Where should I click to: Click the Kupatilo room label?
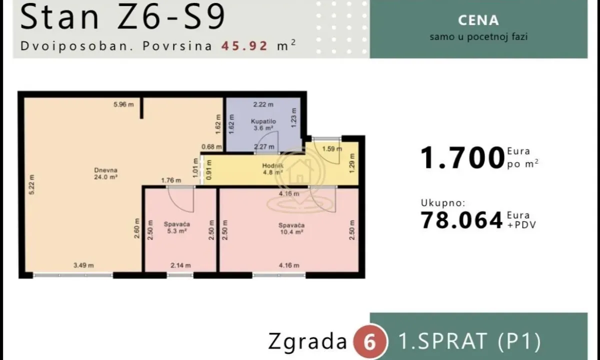click(x=263, y=124)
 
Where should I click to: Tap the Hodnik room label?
click(x=272, y=169)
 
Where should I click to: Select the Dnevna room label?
click(x=106, y=173)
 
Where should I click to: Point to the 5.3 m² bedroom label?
click(x=177, y=227)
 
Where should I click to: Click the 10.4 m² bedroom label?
click(x=291, y=228)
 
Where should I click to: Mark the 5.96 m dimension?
click(x=123, y=104)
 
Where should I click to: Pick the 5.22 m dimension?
click(x=31, y=184)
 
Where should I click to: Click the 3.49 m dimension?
click(x=83, y=265)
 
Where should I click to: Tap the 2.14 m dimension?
click(x=181, y=265)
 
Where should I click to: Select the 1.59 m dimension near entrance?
click(x=332, y=148)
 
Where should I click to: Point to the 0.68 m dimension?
click(x=211, y=147)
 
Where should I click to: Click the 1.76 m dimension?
click(x=171, y=180)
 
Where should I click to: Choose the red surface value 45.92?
click(x=244, y=45)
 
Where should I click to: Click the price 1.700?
click(x=462, y=158)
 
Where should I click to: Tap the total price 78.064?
click(x=461, y=220)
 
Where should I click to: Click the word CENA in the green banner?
click(x=478, y=20)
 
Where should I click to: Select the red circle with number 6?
click(x=370, y=342)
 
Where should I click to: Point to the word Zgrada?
click(x=307, y=341)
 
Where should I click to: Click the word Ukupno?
click(x=443, y=203)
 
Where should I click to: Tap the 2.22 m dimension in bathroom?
click(x=263, y=104)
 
